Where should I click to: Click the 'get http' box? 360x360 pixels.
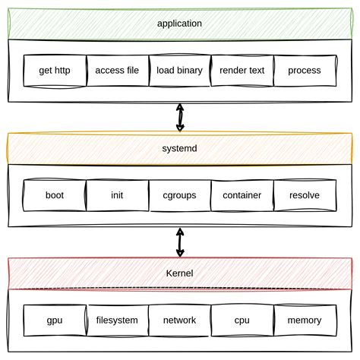point(55,71)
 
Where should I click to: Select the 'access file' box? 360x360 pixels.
point(117,71)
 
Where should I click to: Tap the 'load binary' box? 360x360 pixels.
point(179,71)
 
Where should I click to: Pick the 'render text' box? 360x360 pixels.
point(242,71)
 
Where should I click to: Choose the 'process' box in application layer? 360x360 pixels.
point(305,71)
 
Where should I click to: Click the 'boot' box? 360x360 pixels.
point(55,195)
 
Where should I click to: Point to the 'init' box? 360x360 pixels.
point(117,195)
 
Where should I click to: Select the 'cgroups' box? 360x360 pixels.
point(179,195)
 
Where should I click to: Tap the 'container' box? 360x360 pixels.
point(242,195)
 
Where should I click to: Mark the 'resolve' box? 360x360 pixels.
point(305,195)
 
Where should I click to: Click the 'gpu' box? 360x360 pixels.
point(55,320)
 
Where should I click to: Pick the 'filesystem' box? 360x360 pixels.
point(117,320)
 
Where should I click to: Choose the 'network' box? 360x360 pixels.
point(179,320)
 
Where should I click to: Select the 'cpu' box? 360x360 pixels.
point(242,320)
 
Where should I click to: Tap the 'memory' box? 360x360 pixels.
point(305,320)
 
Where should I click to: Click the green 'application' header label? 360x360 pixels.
point(179,24)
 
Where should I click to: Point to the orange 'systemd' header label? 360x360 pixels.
point(179,148)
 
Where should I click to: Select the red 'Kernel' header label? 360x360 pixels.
point(179,273)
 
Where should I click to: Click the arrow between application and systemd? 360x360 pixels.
point(180,117)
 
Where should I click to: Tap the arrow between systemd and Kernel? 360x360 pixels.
point(180,242)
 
